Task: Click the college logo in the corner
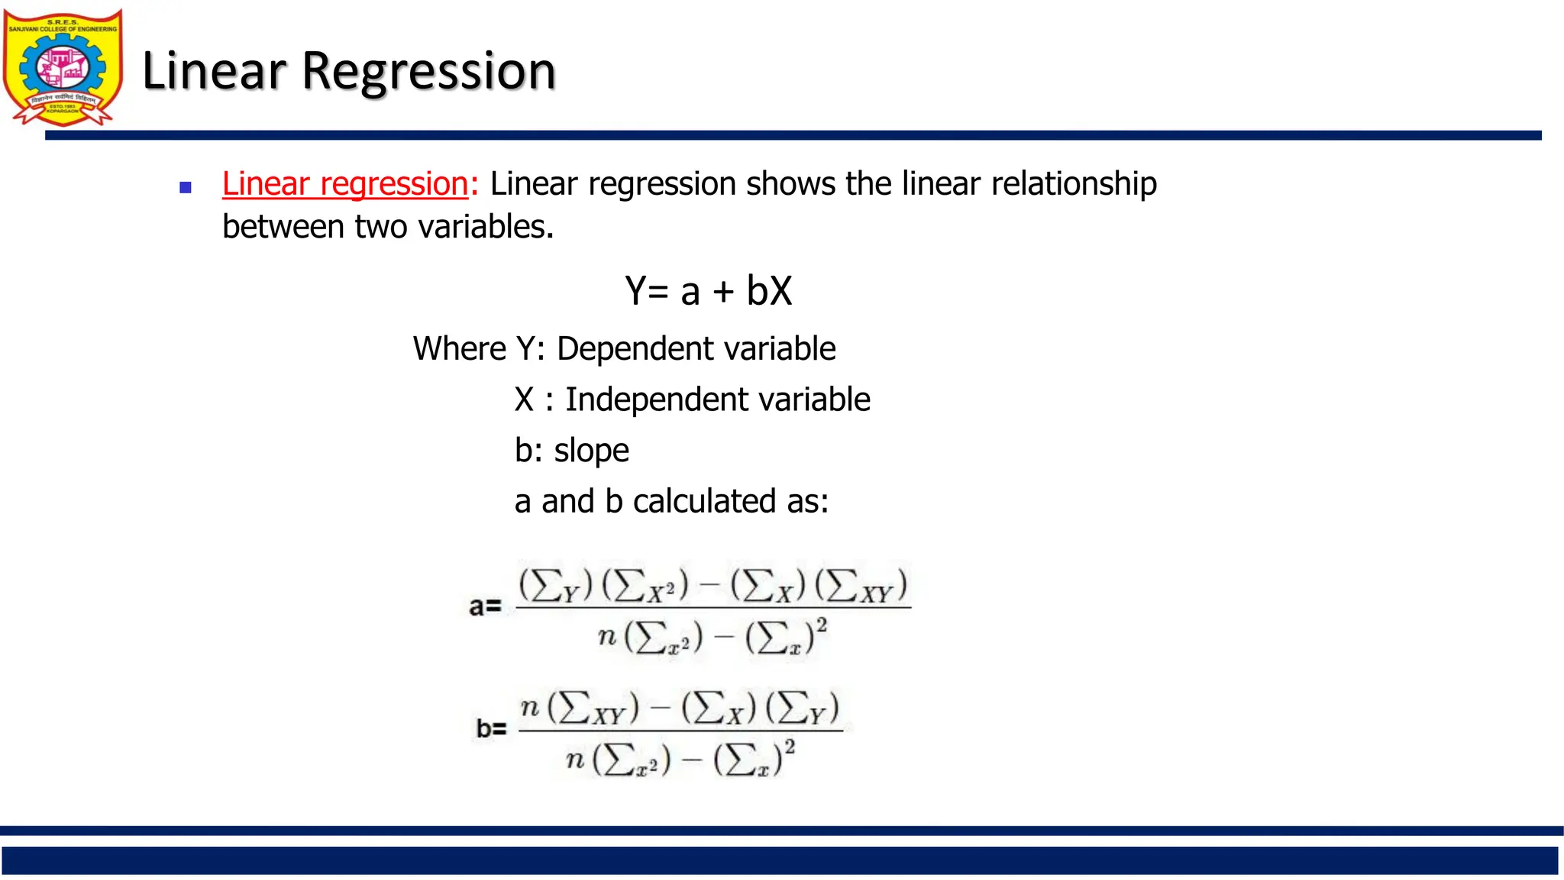(x=63, y=67)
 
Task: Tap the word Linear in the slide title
(x=214, y=71)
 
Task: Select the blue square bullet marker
(x=185, y=187)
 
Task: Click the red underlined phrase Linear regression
(x=345, y=184)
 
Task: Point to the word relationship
(x=1073, y=184)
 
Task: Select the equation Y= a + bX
(x=708, y=291)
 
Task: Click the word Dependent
(x=622, y=349)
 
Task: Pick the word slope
(x=591, y=451)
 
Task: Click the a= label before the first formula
(x=485, y=607)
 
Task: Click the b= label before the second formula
(x=491, y=729)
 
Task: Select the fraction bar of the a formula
(x=713, y=608)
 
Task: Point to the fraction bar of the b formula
(x=680, y=731)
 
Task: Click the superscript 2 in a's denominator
(x=822, y=625)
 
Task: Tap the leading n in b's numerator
(x=530, y=707)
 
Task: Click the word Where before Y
(x=459, y=349)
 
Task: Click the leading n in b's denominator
(x=575, y=759)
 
